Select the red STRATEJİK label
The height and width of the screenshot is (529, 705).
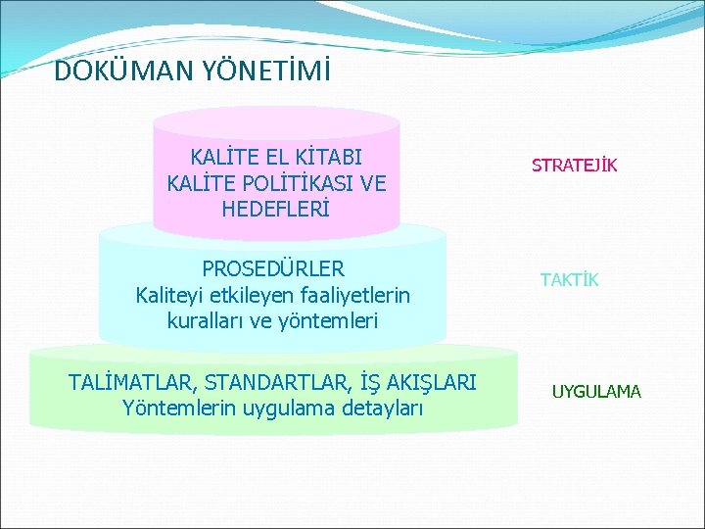tap(574, 165)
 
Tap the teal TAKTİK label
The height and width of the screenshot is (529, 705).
tap(569, 280)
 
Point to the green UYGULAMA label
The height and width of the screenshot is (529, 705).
tap(596, 392)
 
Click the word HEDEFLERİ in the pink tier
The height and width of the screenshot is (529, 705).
tap(276, 209)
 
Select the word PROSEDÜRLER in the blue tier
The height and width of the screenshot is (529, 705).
tap(273, 268)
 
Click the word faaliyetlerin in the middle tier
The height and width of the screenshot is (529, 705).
tap(353, 294)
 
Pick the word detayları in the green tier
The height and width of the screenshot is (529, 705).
tap(383, 407)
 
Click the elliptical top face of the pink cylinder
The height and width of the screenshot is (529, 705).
tap(276, 122)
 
